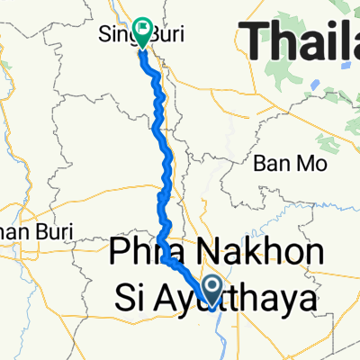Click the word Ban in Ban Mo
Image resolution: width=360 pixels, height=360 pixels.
(x=269, y=166)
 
